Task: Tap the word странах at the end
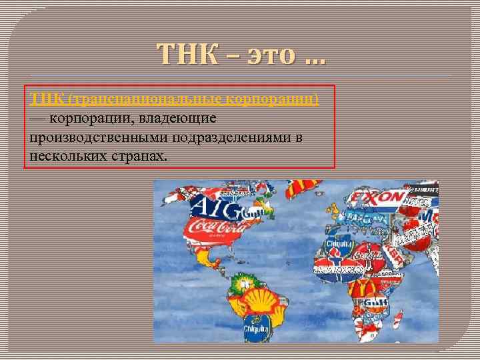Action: (139, 156)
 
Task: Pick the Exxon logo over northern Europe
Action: (379, 197)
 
